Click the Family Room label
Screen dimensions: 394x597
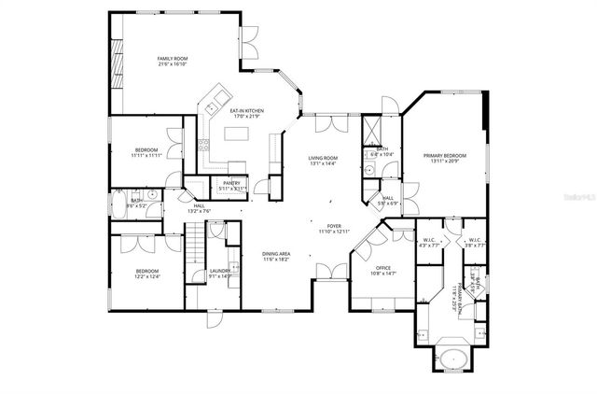click(x=173, y=62)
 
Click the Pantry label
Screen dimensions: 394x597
click(x=231, y=185)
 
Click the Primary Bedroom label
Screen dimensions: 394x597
click(x=444, y=158)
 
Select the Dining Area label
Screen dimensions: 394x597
click(x=276, y=256)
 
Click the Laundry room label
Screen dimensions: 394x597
click(x=220, y=273)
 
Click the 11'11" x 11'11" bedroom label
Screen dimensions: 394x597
click(x=146, y=153)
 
